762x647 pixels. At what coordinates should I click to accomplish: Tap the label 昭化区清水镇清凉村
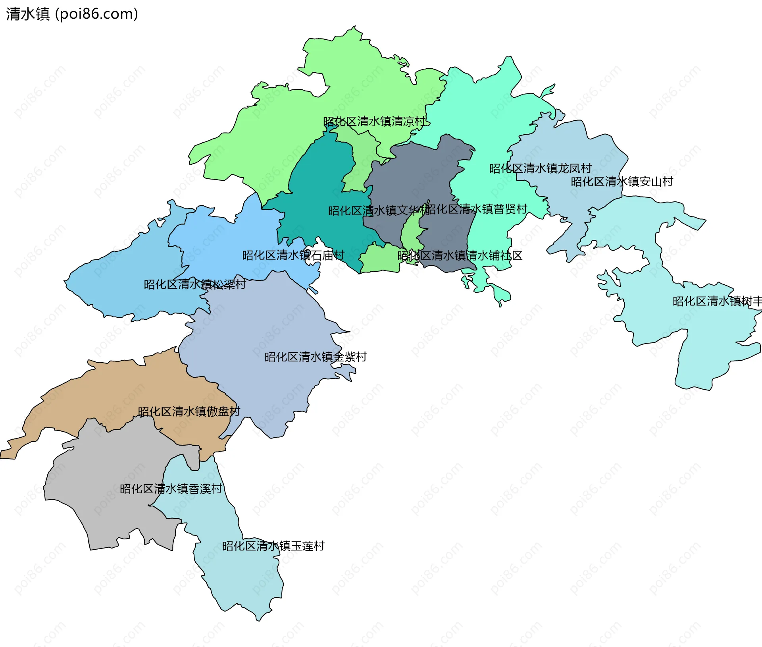[374, 122]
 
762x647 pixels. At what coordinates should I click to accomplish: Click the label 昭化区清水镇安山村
[622, 182]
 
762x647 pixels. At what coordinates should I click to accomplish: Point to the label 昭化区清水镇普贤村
[476, 209]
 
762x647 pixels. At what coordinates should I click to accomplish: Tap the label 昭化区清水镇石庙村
[293, 255]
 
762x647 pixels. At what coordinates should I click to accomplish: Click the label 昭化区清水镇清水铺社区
[460, 255]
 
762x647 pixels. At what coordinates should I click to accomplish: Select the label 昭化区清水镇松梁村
[194, 284]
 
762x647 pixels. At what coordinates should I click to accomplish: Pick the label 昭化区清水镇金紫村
[315, 357]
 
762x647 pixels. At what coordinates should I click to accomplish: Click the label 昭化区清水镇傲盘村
[189, 411]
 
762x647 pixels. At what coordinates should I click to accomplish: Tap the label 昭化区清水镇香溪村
[171, 489]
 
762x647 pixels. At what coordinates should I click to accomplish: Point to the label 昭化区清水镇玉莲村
[273, 546]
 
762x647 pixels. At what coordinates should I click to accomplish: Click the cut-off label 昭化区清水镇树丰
[716, 301]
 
